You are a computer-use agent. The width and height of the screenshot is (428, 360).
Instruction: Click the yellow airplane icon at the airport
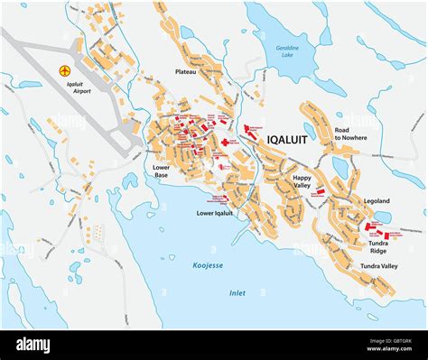click(63, 70)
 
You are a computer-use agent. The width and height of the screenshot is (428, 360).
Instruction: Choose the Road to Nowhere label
click(351, 135)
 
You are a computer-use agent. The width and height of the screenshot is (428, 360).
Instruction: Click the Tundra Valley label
click(378, 267)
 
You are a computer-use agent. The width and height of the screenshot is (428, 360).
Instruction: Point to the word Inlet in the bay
click(237, 292)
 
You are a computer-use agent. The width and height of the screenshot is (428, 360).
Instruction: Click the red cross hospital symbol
click(224, 143)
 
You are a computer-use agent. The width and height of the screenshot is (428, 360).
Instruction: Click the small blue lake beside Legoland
click(383, 217)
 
